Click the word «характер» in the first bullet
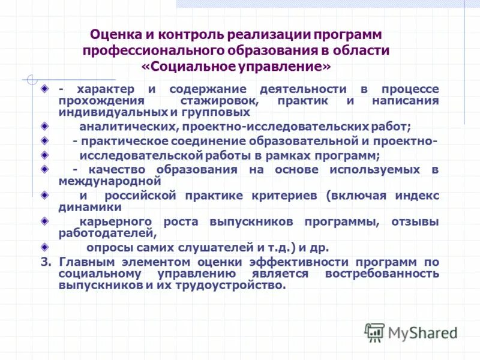(102, 89)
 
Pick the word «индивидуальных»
(108, 112)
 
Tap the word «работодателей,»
(108, 233)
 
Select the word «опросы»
(109, 247)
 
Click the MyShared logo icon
(375, 332)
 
